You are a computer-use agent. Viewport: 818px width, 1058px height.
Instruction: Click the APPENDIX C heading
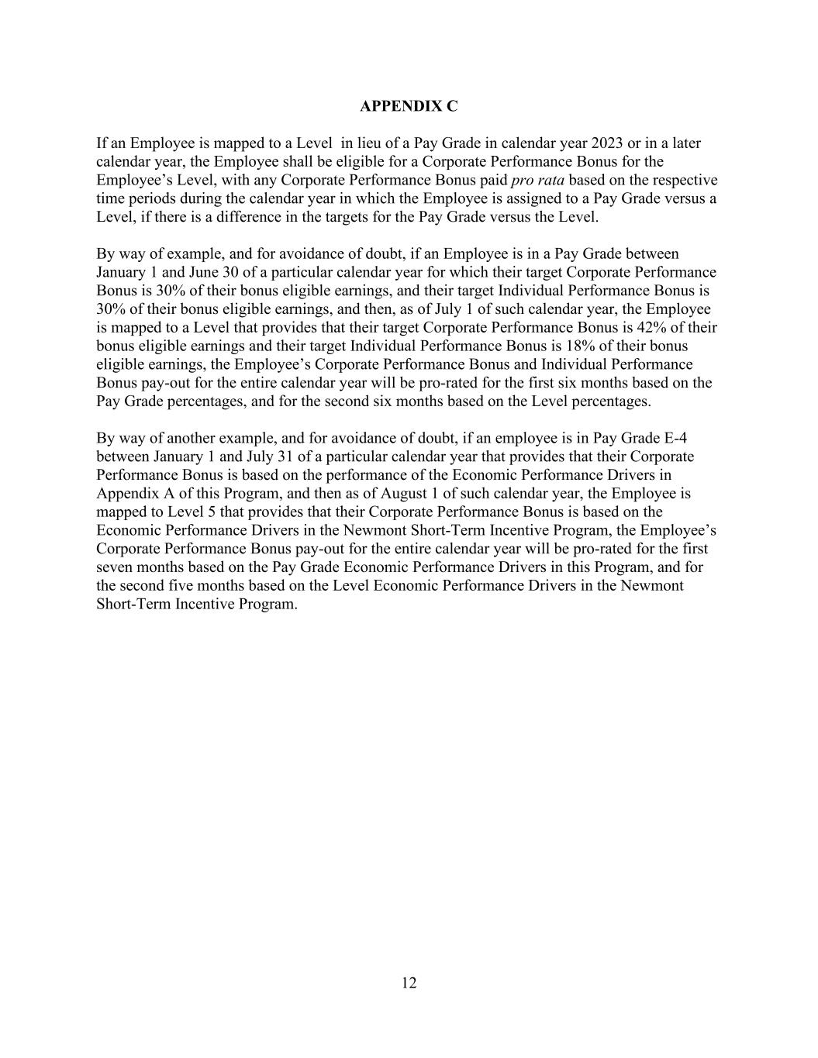coord(409,106)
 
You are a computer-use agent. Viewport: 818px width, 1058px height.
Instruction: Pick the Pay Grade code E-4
coord(676,438)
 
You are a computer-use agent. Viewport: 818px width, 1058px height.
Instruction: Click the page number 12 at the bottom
coord(409,984)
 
